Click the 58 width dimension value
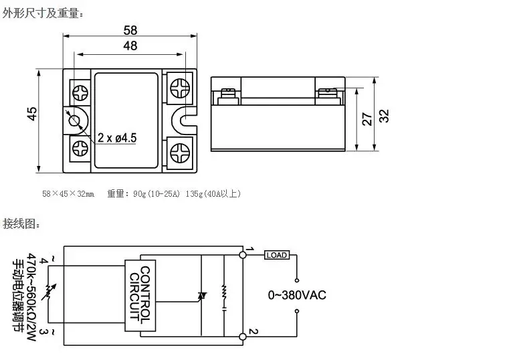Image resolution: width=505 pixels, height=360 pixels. [130, 30]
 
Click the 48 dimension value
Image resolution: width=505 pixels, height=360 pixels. [130, 46]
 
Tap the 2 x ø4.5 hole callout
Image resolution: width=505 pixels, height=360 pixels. [117, 137]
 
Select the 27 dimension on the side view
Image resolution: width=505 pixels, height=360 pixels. [366, 118]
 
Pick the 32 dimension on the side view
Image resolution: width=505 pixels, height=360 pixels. [383, 115]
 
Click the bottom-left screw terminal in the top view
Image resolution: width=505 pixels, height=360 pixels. [79, 148]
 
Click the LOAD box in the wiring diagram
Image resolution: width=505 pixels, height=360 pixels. [276, 255]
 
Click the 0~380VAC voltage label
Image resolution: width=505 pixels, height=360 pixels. [297, 295]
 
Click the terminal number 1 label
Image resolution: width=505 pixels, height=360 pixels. [249, 250]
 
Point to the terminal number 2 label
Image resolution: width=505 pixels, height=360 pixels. [250, 331]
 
